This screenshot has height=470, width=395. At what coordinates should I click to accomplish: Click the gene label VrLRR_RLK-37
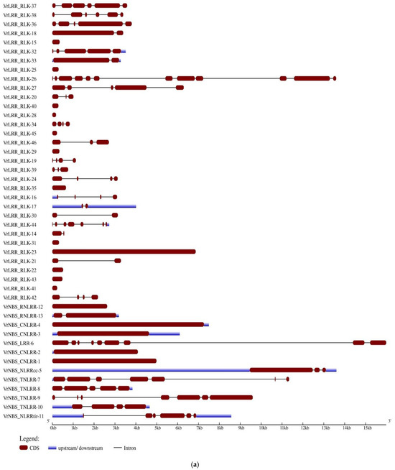tap(20, 6)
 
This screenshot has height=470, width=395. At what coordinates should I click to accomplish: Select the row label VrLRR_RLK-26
tap(20, 78)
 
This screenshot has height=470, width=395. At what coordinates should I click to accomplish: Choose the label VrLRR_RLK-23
tap(20, 252)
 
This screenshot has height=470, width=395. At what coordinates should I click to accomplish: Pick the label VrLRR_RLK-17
tap(20, 206)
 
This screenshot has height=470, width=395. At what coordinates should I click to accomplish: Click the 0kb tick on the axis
tap(53, 428)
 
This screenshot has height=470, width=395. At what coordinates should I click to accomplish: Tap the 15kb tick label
tap(368, 428)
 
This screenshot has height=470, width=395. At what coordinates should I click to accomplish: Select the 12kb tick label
tap(305, 428)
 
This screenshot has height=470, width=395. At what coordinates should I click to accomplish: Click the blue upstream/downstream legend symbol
tap(55, 448)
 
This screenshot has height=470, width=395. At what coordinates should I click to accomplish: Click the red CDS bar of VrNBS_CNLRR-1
tap(104, 361)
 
